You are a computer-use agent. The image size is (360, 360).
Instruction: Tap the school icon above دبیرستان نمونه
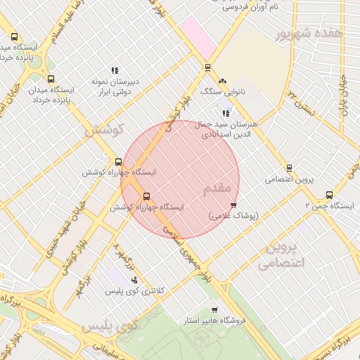[x=114, y=70]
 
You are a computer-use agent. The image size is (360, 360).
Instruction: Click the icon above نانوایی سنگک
[x=223, y=81]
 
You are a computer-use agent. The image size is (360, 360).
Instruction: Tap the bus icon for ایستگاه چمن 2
[x=329, y=195]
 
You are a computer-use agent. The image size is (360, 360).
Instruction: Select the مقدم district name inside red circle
[x=217, y=189]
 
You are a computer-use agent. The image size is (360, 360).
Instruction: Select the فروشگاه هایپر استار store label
[x=214, y=321]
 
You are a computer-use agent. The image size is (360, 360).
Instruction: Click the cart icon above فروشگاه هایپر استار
[x=214, y=310]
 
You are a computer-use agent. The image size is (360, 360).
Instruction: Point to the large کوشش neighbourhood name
[x=104, y=130]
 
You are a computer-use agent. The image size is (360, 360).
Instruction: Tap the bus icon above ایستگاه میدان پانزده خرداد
[x=51, y=79]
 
